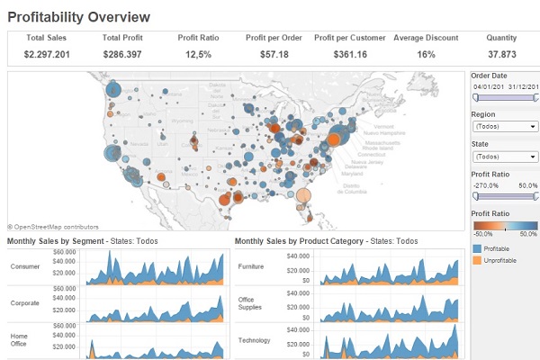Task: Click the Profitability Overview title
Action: pos(79,16)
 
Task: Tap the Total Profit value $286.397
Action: pos(122,55)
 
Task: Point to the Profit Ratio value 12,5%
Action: pos(197,55)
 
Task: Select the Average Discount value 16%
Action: pos(426,55)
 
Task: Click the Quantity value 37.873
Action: pos(501,55)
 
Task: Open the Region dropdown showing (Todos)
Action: pos(504,127)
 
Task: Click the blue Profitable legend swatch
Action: pos(476,247)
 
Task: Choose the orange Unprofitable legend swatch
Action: pos(476,259)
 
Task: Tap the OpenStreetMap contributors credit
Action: pos(54,227)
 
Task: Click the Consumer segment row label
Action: pos(25,266)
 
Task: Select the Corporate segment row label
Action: pos(25,304)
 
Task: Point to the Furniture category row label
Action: pos(251,266)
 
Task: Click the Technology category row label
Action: pos(254,340)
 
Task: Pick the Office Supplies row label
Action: pos(250,303)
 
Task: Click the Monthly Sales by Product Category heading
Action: pos(300,241)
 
